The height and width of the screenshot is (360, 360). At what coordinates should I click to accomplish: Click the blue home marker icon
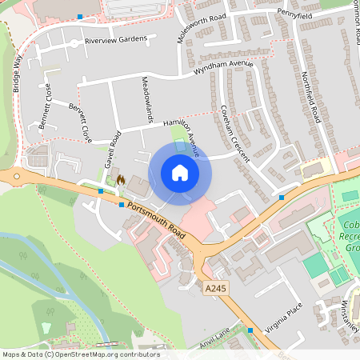point(180,173)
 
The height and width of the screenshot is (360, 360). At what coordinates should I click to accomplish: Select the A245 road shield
point(214,286)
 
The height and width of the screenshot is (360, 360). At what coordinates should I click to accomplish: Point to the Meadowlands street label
point(146,99)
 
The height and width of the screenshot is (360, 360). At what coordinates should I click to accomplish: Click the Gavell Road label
point(111,150)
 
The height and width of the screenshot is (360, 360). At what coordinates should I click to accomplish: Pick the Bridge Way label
point(17,74)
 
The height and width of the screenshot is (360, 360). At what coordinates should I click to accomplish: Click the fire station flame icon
point(121,180)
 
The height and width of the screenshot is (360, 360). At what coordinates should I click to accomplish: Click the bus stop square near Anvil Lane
point(250,330)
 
